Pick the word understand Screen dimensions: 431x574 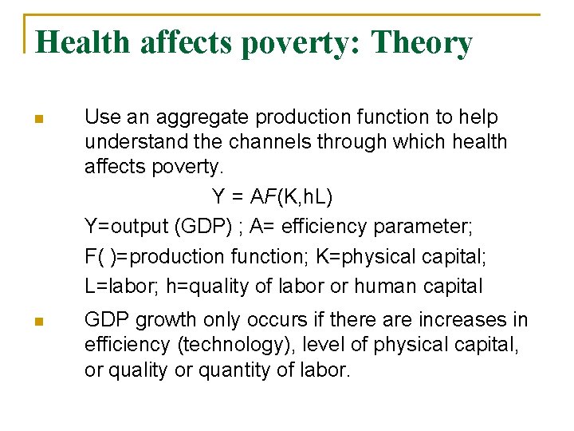click(x=132, y=142)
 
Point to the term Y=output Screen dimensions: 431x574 click(x=124, y=227)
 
